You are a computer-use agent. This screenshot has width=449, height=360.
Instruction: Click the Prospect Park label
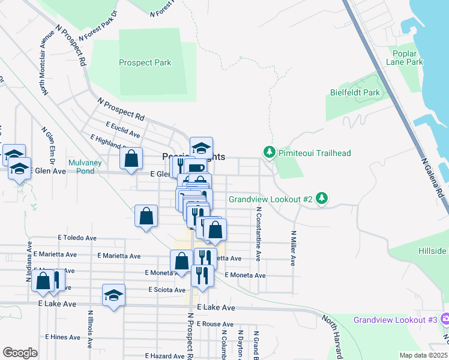(x=145, y=62)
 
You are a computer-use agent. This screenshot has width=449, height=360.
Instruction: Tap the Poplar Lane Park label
(x=405, y=57)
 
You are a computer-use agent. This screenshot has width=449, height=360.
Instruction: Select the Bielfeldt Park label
(x=355, y=92)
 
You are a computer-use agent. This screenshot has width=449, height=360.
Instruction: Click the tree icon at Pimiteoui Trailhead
(x=270, y=153)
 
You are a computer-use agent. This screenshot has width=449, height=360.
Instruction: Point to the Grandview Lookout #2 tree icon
(x=322, y=199)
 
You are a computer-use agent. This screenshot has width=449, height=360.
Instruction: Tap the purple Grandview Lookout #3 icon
(x=444, y=320)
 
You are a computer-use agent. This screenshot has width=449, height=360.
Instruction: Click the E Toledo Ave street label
(x=77, y=238)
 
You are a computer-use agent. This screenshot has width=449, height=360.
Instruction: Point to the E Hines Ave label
(x=62, y=337)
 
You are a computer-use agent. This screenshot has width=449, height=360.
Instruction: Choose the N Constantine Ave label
(x=259, y=234)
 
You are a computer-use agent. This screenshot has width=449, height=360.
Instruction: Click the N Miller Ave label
(x=294, y=248)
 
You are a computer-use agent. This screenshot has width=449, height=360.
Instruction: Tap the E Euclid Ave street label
(x=122, y=130)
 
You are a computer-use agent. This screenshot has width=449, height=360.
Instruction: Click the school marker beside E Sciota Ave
(x=113, y=295)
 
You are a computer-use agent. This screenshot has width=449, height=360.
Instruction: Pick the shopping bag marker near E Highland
(x=131, y=159)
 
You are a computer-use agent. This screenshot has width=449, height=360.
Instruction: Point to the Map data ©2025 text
(x=423, y=355)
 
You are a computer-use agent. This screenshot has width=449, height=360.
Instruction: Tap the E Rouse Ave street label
(x=201, y=324)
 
